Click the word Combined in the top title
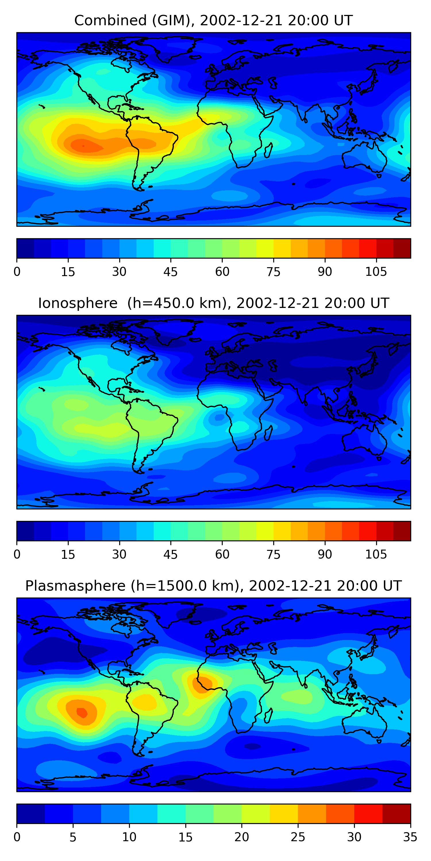point(110,20)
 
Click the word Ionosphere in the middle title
point(78,303)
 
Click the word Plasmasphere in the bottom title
point(75,586)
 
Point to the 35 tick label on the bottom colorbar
point(410,837)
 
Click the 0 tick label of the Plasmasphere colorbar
point(17,837)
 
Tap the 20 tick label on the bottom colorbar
point(241,837)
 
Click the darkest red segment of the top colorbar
point(402,248)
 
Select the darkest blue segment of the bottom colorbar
point(31,814)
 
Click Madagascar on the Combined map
point(268,150)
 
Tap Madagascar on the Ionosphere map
point(268,433)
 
